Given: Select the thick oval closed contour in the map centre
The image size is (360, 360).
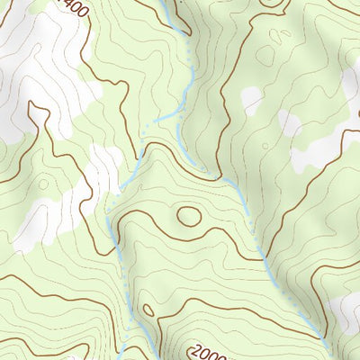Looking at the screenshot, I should click(189, 215).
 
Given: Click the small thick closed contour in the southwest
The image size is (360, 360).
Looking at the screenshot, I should click(148, 310).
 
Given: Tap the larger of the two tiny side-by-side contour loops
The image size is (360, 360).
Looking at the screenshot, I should click(285, 36).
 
